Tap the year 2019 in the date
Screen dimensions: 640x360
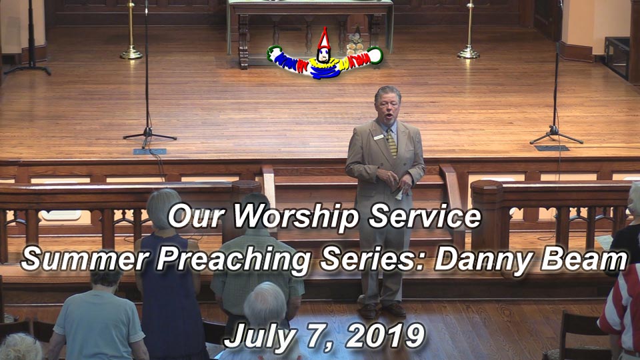point(385,336)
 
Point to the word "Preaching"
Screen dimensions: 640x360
point(234,261)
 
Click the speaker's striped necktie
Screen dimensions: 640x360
point(391,143)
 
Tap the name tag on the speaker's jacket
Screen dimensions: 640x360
point(379,137)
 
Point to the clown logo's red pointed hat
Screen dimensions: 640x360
point(324,39)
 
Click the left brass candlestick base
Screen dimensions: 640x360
point(131,53)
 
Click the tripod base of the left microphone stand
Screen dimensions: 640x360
point(149,137)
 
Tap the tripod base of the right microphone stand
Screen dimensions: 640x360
point(556,135)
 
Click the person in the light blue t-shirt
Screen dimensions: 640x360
point(99,316)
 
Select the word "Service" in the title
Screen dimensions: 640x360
point(425,216)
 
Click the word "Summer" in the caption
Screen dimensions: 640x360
point(85,259)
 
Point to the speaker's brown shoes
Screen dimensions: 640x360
point(381,311)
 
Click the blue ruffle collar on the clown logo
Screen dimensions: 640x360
point(325,69)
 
